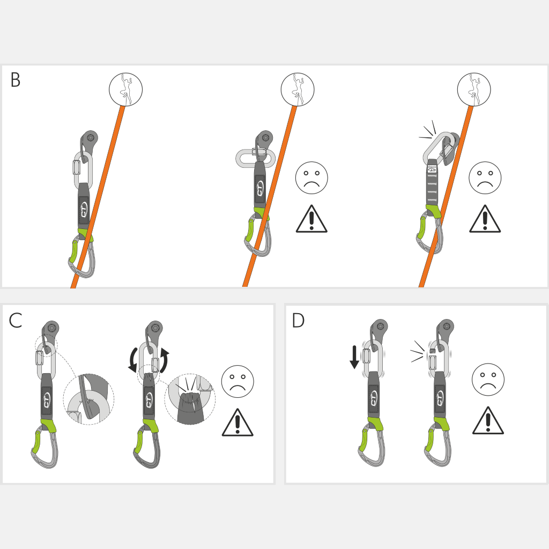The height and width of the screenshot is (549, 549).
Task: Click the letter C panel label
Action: click(16, 321)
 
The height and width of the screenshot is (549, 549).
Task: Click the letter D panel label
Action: click(298, 321)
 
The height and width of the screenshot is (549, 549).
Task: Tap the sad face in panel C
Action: click(238, 381)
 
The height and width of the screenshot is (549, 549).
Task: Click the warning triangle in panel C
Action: click(238, 422)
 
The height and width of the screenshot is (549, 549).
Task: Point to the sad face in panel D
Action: click(488, 380)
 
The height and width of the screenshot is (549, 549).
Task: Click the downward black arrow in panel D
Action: click(354, 357)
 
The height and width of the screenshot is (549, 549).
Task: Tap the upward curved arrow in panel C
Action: click(164, 361)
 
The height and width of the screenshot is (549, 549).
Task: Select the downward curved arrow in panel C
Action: click(133, 361)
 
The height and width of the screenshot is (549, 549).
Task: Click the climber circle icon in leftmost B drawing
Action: click(125, 90)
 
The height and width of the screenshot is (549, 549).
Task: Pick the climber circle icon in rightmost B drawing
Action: click(474, 90)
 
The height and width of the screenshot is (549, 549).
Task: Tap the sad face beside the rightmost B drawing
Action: click(485, 178)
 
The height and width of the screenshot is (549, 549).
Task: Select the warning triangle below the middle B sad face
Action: click(311, 219)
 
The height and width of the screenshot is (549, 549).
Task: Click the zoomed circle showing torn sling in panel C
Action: click(190, 399)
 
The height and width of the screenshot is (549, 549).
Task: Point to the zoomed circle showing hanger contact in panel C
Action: click(88, 399)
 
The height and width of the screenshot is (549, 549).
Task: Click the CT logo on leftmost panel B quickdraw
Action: click(84, 211)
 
